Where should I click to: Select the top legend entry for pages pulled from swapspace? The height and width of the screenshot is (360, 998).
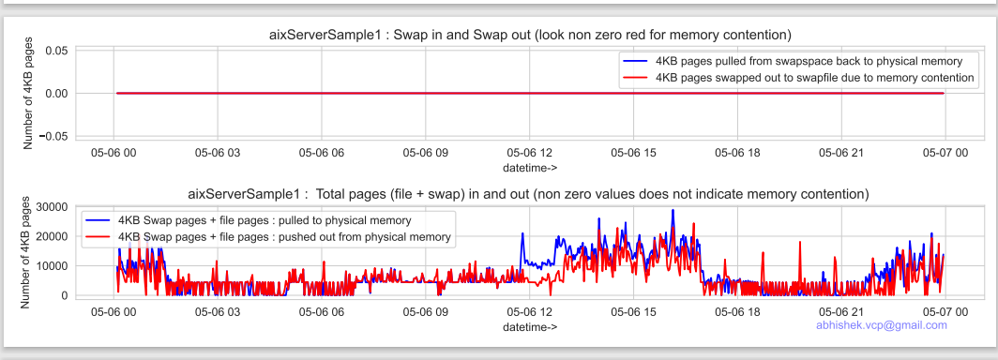click(796, 60)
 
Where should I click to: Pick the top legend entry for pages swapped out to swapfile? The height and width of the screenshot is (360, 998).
click(796, 77)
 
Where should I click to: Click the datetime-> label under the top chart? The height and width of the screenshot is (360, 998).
click(530, 168)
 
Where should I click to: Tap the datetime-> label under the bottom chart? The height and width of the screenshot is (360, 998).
click(530, 326)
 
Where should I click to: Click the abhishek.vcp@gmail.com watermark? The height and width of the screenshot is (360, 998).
click(881, 325)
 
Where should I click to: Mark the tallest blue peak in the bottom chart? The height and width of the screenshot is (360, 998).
click(673, 211)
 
